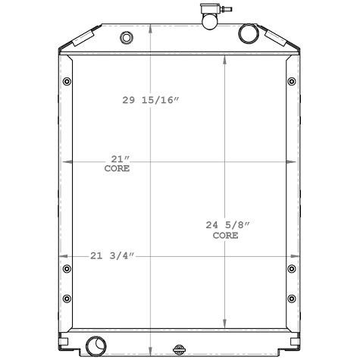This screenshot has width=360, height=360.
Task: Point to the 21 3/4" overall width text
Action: (111, 255)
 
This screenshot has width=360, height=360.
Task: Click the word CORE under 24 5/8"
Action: (225, 236)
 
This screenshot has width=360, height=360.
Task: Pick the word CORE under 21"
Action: (117, 168)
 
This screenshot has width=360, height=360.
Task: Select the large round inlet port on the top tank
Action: (248, 35)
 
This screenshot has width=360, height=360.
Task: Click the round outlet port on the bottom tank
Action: (95, 345)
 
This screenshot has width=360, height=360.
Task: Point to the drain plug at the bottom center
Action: (180, 350)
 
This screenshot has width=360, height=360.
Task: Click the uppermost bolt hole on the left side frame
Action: (66, 82)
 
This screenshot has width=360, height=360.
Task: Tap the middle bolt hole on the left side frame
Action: (66, 269)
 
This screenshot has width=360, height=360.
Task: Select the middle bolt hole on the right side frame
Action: (293, 269)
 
